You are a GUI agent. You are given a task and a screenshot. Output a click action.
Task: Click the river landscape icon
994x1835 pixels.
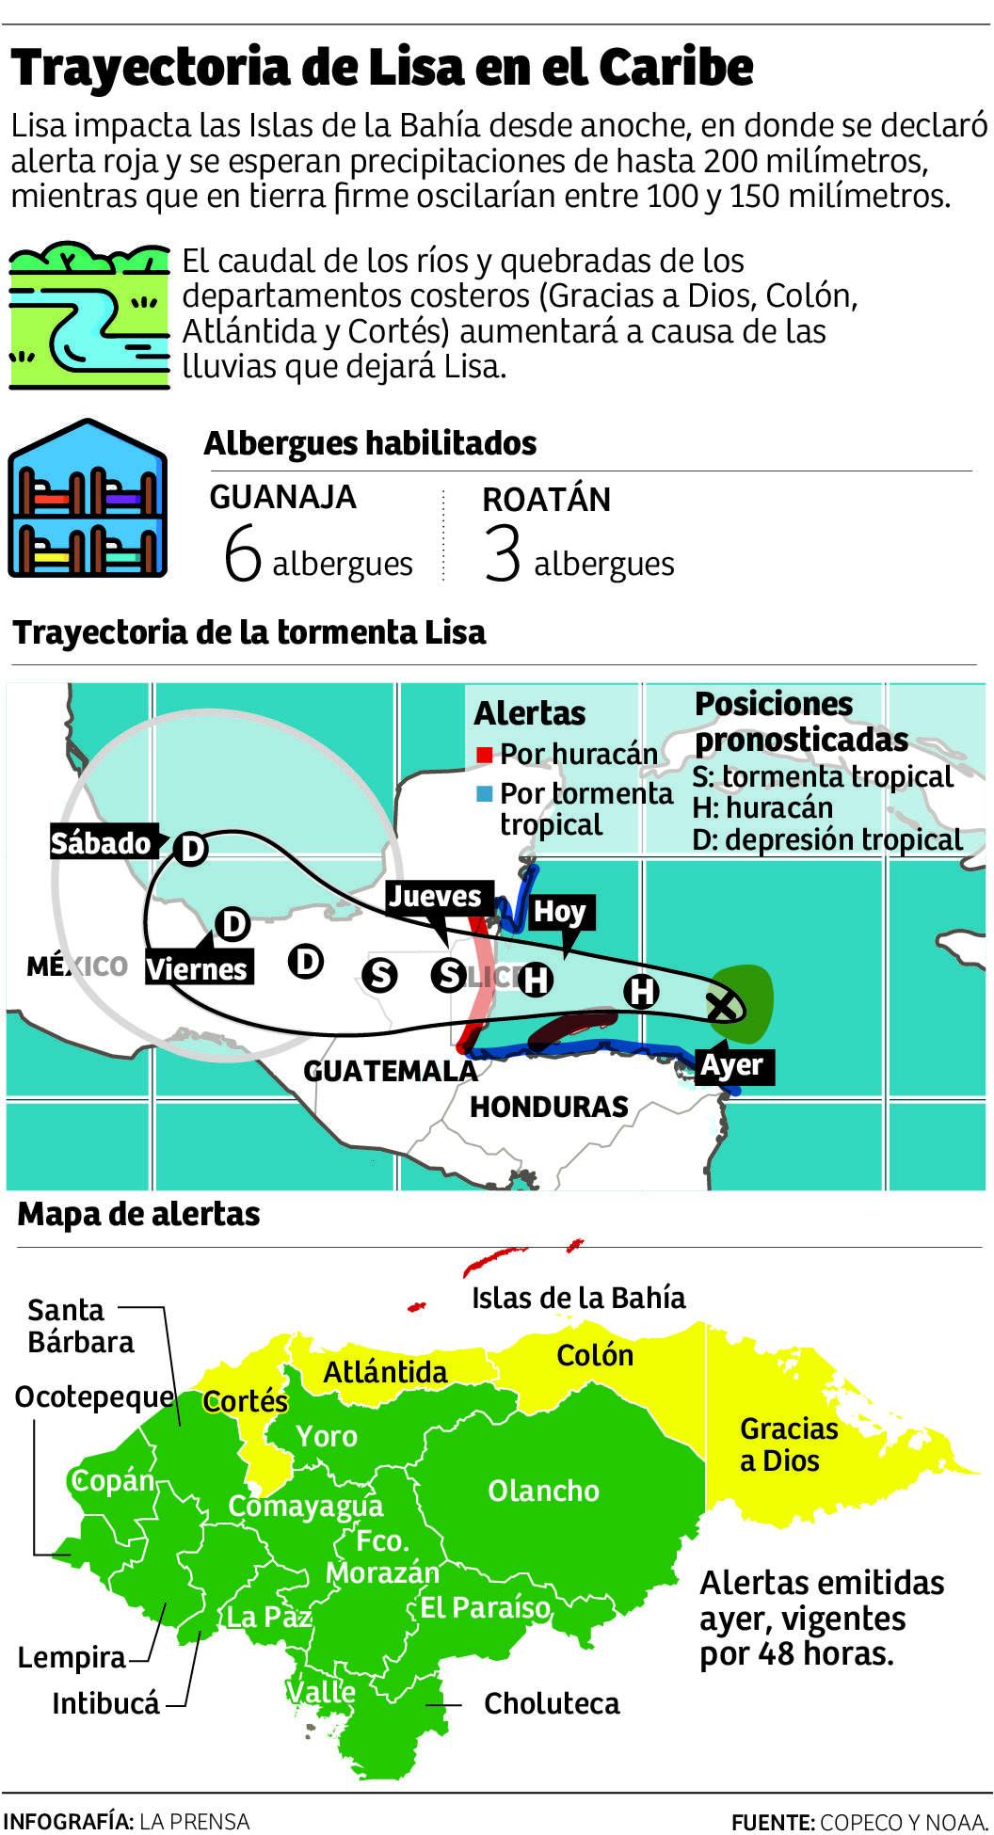coord(89,316)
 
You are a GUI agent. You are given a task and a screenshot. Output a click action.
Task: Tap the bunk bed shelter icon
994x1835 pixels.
coord(88,500)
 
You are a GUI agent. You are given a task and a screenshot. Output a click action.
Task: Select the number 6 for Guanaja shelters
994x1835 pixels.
coord(242,553)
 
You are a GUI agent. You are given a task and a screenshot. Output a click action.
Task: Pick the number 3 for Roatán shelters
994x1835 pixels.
coord(502,553)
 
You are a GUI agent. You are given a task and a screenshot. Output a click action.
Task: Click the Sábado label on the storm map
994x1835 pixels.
coord(102,843)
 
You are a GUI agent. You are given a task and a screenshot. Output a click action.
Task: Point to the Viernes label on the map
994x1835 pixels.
coord(198,969)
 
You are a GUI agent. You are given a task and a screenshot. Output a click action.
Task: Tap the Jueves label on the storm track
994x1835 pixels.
coord(435,897)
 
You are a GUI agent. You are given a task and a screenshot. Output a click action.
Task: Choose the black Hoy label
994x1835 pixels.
coord(560,912)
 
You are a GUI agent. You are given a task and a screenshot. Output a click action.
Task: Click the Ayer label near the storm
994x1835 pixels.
coord(732,1066)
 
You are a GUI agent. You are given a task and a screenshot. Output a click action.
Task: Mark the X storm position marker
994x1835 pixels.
coord(723,1006)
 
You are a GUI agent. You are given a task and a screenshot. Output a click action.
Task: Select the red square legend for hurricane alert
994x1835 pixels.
coord(485,755)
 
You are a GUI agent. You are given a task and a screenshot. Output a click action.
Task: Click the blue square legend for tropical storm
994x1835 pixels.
coord(485,794)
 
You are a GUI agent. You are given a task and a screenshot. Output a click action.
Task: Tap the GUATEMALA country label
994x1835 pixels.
coord(390,1071)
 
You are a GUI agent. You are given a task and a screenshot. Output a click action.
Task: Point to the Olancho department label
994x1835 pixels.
coord(543,1491)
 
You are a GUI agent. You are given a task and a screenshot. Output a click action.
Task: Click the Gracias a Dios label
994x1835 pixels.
coord(788,1444)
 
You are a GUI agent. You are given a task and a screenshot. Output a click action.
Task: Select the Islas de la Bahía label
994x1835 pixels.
coord(578,1298)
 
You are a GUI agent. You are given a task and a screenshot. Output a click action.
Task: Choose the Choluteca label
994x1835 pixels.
coord(552,1703)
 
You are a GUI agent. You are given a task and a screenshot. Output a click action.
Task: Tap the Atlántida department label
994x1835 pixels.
coord(385,1372)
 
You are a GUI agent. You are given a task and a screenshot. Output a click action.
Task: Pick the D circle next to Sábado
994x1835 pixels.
coord(191,849)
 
